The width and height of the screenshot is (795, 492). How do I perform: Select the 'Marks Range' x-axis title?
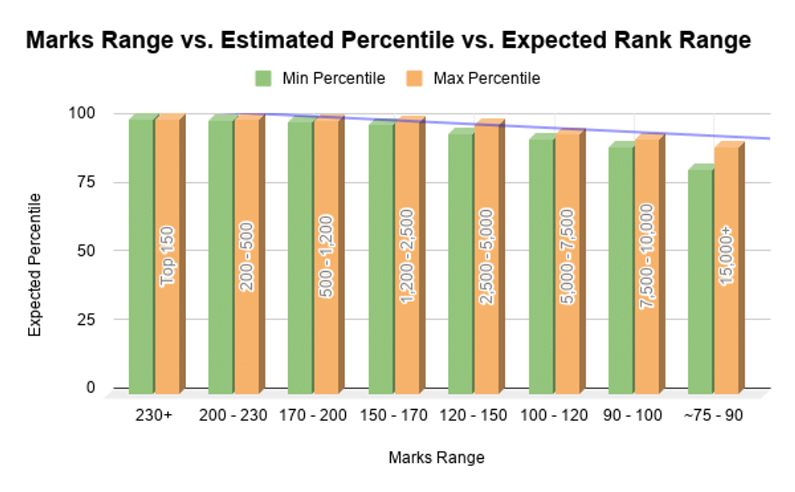point(436,458)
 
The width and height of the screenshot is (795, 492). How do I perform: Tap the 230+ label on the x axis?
point(154,416)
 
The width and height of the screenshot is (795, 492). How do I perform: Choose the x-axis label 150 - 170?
point(394,416)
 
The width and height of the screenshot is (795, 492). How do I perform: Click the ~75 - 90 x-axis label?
point(714,416)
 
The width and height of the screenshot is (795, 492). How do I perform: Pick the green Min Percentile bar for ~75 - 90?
point(700,278)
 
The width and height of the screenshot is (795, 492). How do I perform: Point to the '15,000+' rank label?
point(727,255)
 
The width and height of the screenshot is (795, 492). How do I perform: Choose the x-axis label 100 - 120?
point(555,416)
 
